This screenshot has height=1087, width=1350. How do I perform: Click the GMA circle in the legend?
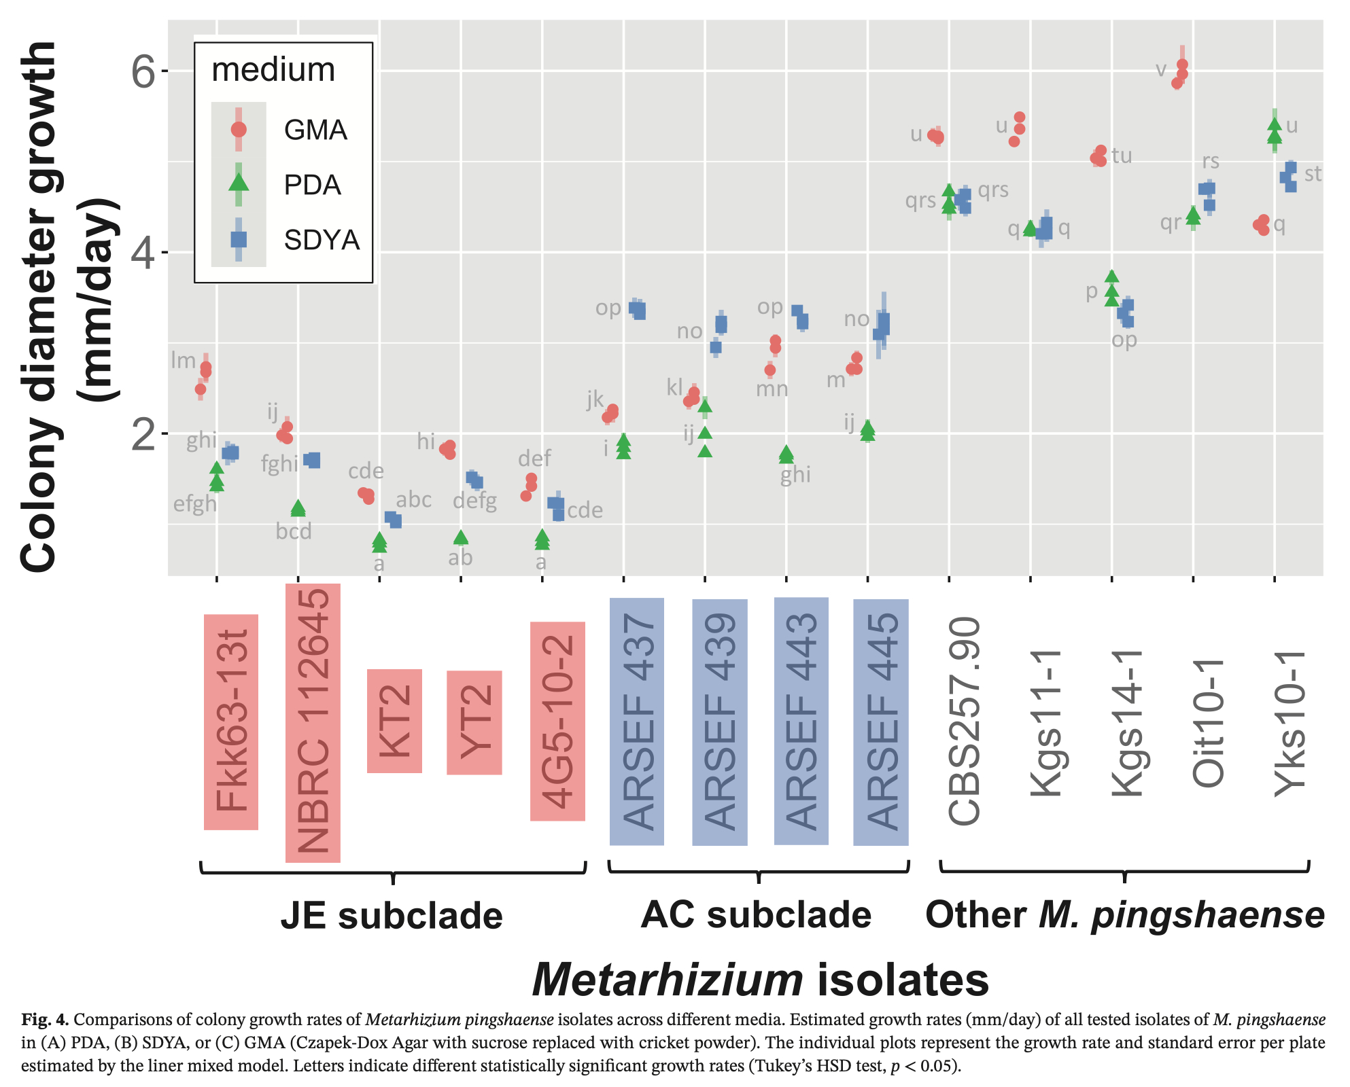coord(239,129)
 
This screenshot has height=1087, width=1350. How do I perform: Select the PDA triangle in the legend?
coord(239,183)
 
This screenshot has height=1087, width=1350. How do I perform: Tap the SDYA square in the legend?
coord(239,239)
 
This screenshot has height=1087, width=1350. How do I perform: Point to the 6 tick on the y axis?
coord(143,71)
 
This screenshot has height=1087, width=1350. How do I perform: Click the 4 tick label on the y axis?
coord(143,253)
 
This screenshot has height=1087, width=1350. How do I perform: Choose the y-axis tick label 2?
coord(143,434)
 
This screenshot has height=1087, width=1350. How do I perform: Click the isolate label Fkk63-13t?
coord(231,721)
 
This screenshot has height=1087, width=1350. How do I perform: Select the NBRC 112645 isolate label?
coord(313,723)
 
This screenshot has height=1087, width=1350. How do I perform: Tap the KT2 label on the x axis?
coord(395,721)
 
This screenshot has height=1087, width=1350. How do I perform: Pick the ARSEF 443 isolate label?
coord(801,721)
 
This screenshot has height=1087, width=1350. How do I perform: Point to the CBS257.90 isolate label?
coord(964,721)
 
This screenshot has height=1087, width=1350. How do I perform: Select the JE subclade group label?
coord(392,916)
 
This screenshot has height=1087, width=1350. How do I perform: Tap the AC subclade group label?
coord(756,914)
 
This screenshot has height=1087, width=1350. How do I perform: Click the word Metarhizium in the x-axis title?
coord(668,980)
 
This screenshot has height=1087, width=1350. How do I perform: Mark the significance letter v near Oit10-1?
coord(1161,69)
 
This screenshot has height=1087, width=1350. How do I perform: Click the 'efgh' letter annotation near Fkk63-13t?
coord(195,504)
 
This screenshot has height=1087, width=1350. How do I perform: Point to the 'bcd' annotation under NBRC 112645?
coord(294,531)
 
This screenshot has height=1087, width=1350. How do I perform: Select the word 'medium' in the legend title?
coord(273,70)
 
